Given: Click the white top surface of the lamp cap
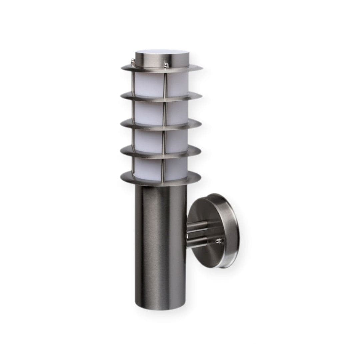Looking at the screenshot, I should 162,53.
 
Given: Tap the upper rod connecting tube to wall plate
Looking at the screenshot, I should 197,227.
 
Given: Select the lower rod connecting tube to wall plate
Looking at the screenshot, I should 197,243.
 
